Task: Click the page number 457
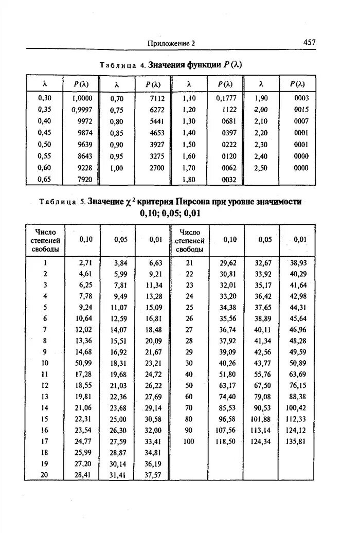(x=309, y=43)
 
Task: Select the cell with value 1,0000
(x=82, y=98)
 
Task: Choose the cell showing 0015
(x=301, y=110)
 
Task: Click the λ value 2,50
(x=261, y=168)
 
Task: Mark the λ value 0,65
(x=45, y=180)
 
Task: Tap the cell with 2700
(x=157, y=168)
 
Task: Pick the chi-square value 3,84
(x=119, y=262)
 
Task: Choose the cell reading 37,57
(x=153, y=474)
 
